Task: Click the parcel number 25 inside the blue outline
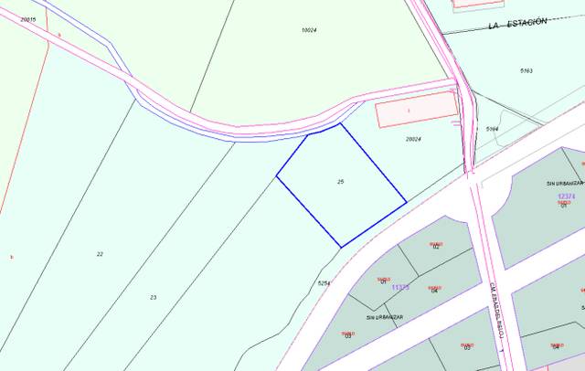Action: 340,182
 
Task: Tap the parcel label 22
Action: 100,253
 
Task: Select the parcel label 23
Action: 153,297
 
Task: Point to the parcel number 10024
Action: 308,30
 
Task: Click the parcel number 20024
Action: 413,139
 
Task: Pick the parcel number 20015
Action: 28,18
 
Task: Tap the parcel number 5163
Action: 526,70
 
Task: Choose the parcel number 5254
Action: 323,283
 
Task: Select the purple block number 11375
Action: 400,287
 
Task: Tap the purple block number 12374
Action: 566,196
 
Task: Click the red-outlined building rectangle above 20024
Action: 416,110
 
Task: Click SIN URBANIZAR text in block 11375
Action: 384,317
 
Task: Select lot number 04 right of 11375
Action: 435,291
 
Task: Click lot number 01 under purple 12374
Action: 564,206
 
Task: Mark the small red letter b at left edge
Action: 11,256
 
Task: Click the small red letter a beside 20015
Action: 58,34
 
